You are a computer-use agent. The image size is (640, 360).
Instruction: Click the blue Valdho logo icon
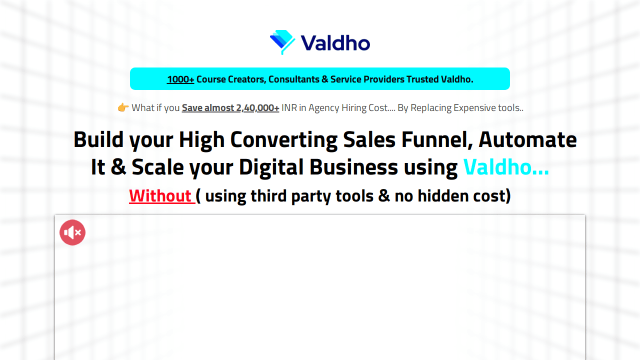(x=283, y=42)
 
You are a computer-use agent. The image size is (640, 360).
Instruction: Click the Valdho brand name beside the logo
(x=335, y=43)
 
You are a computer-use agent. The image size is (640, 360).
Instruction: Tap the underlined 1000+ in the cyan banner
(x=180, y=79)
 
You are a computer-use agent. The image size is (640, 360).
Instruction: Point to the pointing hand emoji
(x=123, y=107)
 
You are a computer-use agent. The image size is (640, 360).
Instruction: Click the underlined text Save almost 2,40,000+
(x=230, y=107)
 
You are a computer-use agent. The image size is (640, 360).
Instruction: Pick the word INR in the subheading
(x=289, y=107)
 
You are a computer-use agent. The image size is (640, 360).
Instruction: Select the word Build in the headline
(x=98, y=139)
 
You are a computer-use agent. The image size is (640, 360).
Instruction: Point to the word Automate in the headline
(x=527, y=139)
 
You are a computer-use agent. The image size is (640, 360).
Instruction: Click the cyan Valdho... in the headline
(x=506, y=167)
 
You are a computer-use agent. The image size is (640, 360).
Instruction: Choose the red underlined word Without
(x=160, y=195)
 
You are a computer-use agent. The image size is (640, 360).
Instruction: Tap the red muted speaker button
(x=72, y=232)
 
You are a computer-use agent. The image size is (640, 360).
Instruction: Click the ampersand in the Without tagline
(x=384, y=195)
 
